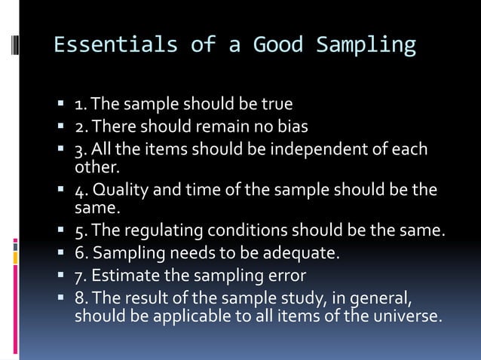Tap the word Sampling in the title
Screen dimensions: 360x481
click(x=366, y=45)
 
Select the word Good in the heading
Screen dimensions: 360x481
click(x=278, y=45)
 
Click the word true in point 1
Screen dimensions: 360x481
click(x=277, y=102)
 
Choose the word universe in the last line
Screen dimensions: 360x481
click(x=407, y=316)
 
